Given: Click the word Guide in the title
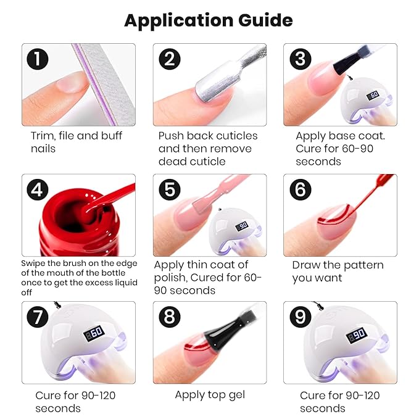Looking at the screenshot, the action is [x=265, y=20].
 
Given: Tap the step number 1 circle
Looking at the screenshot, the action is [x=38, y=59].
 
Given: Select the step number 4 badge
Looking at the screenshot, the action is [x=38, y=189].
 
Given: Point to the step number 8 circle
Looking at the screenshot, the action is [x=170, y=317].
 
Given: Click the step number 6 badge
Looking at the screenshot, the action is [x=301, y=189].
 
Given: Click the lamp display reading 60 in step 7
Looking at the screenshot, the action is [x=94, y=333].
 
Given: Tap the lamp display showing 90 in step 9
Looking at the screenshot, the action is [x=357, y=335].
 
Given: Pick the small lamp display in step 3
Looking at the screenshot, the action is [x=373, y=95].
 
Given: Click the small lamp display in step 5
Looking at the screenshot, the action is [x=241, y=226].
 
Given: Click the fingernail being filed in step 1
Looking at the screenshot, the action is [x=73, y=83].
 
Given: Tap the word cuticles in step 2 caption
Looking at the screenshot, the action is [x=237, y=136].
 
